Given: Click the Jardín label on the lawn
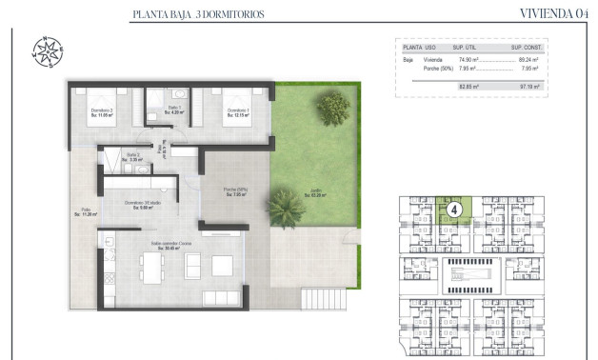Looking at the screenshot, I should tap(314, 193).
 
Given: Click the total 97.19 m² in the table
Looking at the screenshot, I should tap(528, 86).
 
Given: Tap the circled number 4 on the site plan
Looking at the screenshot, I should tap(454, 209).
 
